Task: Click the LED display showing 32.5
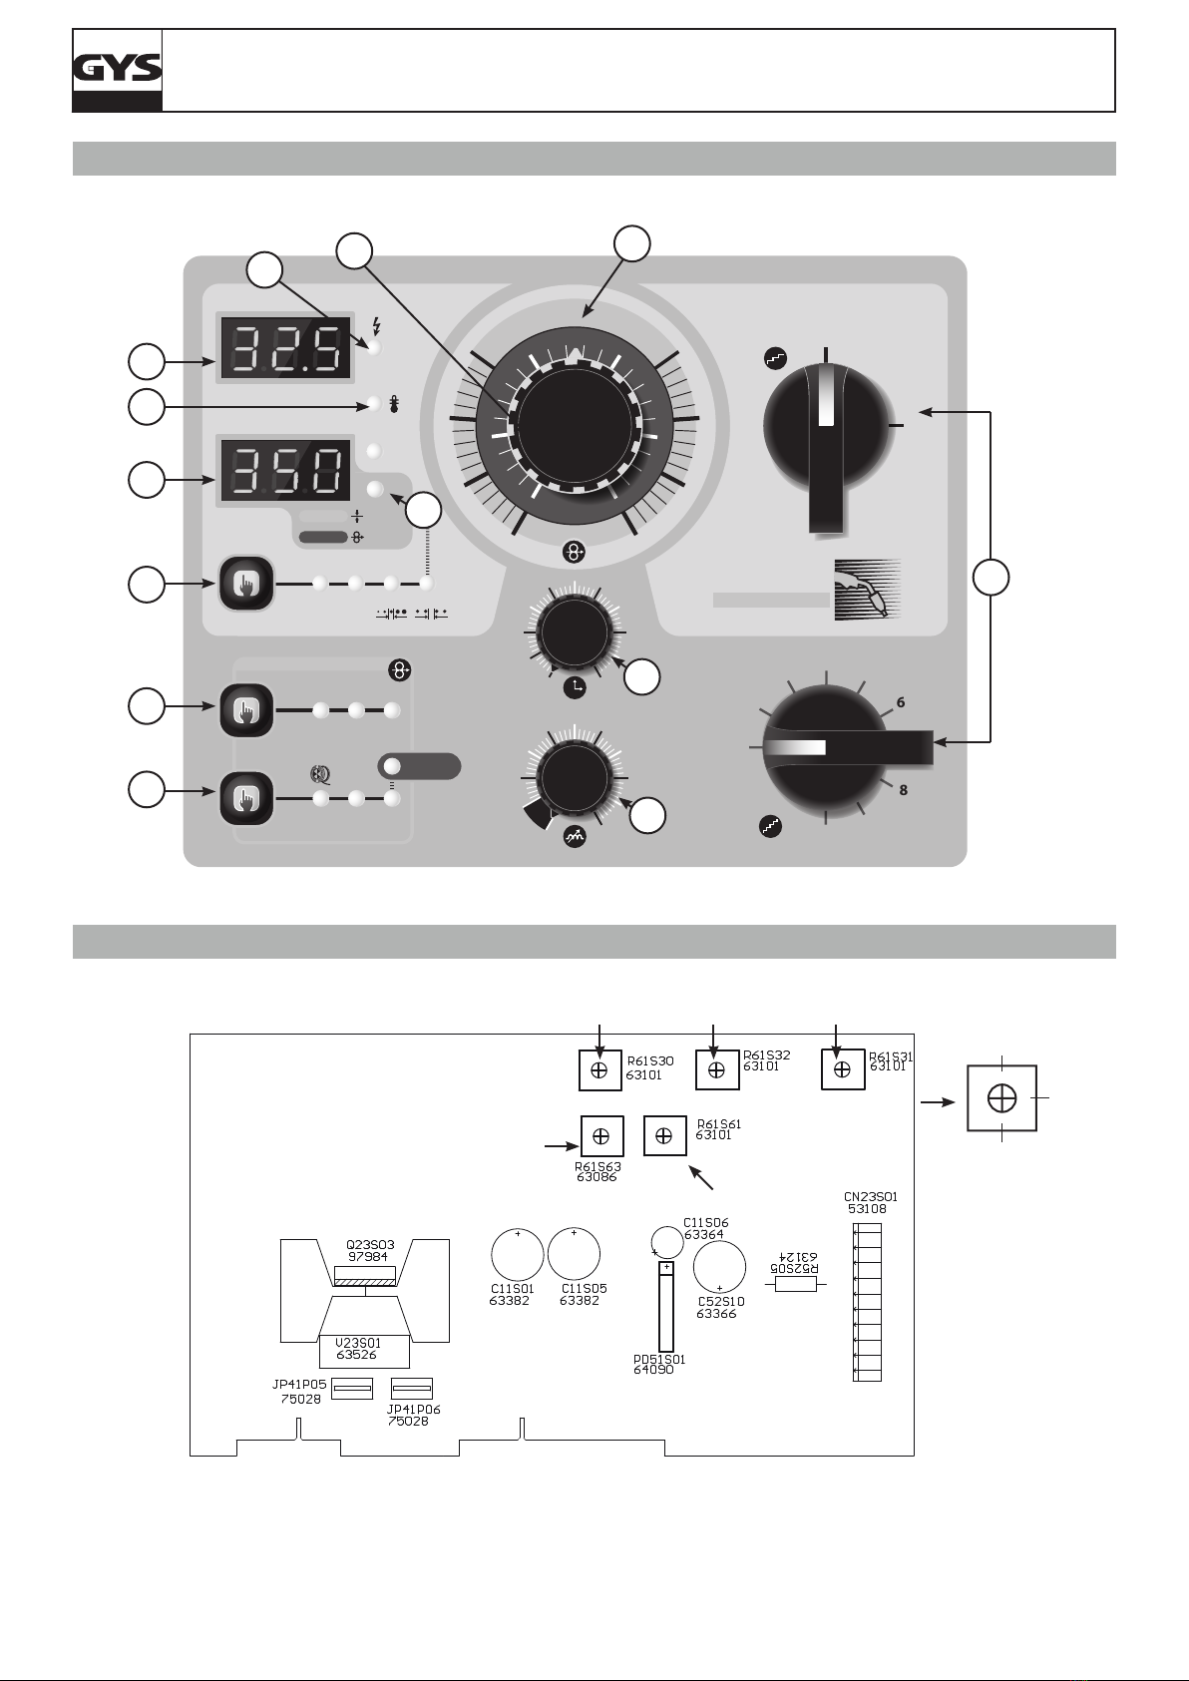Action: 285,347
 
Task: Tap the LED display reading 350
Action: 285,471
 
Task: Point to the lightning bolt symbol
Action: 377,325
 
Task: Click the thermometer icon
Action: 394,404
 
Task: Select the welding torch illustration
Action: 868,590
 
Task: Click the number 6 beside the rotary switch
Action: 900,702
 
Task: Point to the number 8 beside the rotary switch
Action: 903,789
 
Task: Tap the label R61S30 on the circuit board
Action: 650,1061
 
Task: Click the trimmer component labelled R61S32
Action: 717,1069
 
